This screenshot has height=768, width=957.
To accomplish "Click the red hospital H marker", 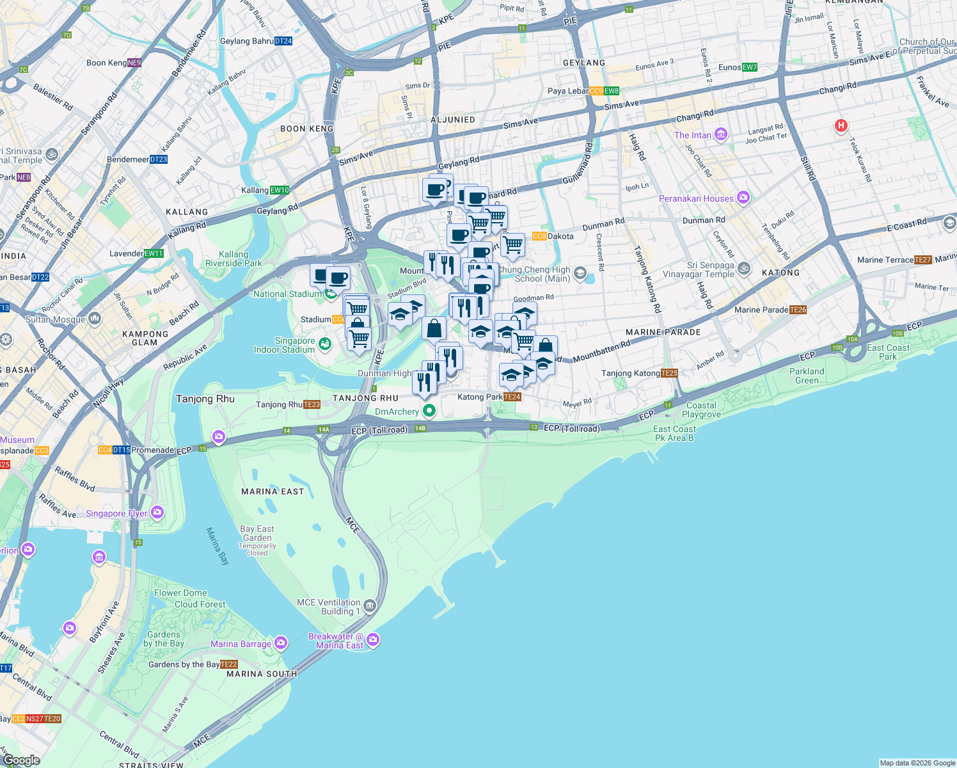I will click(841, 126).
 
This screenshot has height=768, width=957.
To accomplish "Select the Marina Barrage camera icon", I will click(281, 643).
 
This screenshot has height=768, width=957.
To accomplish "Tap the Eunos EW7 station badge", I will click(750, 67).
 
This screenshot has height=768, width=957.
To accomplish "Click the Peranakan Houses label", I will click(696, 198).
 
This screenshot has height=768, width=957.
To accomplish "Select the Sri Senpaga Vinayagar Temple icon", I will click(743, 269).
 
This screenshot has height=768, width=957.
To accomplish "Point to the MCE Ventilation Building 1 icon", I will click(370, 605).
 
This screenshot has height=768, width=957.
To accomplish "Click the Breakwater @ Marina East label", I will click(336, 641).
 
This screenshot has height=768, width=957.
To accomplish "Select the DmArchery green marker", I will click(429, 410).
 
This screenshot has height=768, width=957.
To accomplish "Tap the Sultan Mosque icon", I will click(95, 318).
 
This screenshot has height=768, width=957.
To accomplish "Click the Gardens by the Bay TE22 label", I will click(193, 664).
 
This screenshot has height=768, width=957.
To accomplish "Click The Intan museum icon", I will click(721, 134).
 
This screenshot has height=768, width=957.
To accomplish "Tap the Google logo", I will click(21, 760).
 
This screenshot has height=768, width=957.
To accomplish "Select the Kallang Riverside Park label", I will click(233, 259).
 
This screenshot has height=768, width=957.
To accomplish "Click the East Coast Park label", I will click(888, 352).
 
